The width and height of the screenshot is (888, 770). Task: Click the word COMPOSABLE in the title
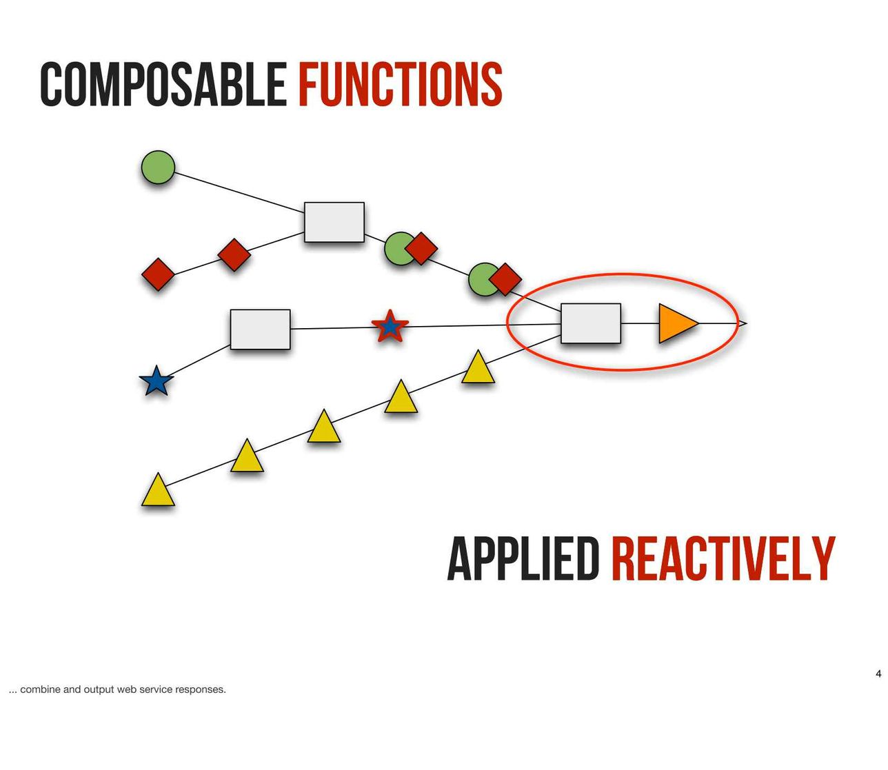[x=163, y=84]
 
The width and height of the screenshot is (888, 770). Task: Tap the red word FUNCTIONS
[x=400, y=84]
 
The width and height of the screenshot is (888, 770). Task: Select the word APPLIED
[x=523, y=558]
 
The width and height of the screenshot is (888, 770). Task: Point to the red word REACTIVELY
[x=723, y=558]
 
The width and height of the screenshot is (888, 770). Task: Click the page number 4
[x=878, y=673]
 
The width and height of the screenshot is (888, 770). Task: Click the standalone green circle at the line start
[x=158, y=168]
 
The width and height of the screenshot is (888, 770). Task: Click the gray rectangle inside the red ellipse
[x=591, y=323]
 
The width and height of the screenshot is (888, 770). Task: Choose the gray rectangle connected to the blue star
[x=261, y=330]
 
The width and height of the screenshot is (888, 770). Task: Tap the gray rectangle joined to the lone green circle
[x=334, y=222]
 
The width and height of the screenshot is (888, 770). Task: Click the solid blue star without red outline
[x=157, y=382]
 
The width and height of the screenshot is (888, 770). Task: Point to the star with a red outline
[x=390, y=326]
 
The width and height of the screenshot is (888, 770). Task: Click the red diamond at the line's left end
[x=158, y=274]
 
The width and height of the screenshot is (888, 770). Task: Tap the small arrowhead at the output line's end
[x=743, y=323]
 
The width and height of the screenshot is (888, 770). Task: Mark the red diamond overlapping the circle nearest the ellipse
[x=505, y=279]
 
